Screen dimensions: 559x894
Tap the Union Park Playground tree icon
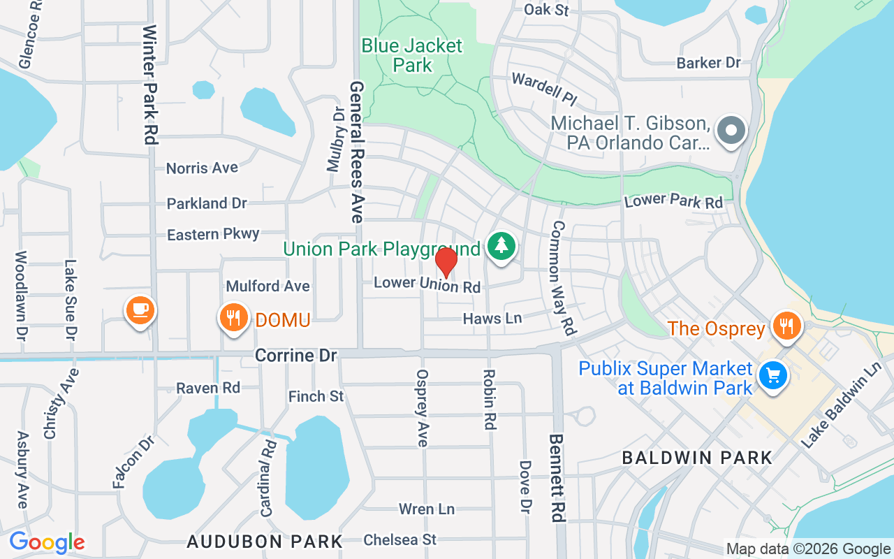coord(501,246)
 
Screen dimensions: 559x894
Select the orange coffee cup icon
coord(140,308)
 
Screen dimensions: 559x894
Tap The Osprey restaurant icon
coord(787,326)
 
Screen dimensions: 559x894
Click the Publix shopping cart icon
coord(773,376)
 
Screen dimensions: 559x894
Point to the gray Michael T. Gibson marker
coord(732,129)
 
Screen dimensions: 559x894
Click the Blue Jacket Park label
coord(412,56)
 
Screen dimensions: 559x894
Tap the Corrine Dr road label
coord(296,356)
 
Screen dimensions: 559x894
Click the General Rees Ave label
coord(358,152)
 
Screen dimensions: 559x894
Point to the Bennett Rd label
coord(557,478)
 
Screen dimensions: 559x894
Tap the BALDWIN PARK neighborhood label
coord(697,458)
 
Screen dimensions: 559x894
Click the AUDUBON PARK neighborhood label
coord(265,542)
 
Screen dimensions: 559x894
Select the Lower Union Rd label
coord(427,284)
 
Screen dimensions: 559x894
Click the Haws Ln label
coord(492,319)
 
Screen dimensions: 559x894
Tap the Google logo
coord(47,542)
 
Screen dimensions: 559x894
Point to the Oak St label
coord(547,10)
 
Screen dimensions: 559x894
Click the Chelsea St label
coord(400,539)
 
